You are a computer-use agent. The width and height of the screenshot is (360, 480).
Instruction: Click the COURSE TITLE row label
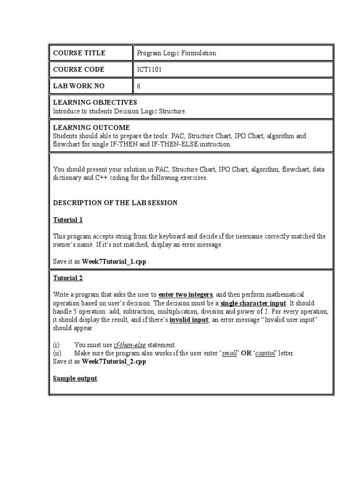[x=79, y=53]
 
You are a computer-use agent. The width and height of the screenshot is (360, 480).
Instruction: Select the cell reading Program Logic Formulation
[x=176, y=53]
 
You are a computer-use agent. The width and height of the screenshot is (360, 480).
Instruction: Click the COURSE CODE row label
[x=79, y=69]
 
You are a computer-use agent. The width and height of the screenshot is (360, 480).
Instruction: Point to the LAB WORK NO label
[x=79, y=86]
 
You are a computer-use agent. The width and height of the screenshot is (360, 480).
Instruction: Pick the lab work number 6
[x=139, y=86]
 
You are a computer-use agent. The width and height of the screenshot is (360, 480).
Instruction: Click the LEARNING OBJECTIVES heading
[x=95, y=102]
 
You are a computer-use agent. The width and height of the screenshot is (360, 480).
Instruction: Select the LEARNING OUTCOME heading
[x=91, y=127]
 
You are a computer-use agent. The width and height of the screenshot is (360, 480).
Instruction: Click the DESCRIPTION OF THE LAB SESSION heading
[x=115, y=202]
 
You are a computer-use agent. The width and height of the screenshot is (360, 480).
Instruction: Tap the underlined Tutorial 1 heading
[x=68, y=219]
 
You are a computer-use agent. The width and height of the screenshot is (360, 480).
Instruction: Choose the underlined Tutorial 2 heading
[x=68, y=278]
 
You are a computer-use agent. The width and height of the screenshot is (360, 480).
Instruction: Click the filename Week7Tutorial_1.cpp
[x=114, y=262]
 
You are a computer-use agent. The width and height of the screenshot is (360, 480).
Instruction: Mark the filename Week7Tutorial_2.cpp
[x=114, y=361]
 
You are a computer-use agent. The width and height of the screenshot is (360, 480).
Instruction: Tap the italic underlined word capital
[x=264, y=353]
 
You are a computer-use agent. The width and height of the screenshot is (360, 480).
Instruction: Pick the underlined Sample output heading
[x=75, y=378]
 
